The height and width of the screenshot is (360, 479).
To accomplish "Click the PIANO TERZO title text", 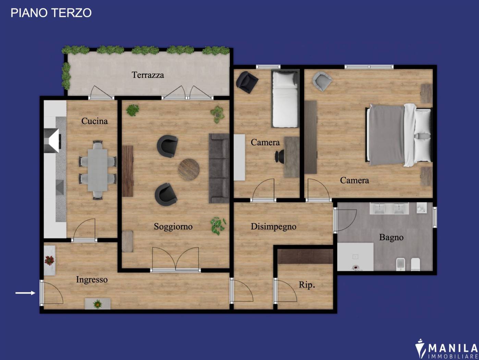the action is coord(51,13).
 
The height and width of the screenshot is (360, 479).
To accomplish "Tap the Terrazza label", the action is coord(148,75).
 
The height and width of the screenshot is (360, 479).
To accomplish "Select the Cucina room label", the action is coord(95,121).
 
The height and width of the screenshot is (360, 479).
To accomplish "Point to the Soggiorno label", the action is coord(173,227).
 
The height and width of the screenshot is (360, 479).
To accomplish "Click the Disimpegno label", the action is coord(273,227).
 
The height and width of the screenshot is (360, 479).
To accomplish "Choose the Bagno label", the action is coord(391,237).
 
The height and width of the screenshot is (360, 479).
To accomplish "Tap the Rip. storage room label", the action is coord(307,285).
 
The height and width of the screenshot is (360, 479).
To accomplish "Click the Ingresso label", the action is coord(91,280).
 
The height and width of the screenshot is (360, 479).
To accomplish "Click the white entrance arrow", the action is coord(25,293).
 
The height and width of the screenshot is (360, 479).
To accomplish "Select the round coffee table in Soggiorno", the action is coord(188,169).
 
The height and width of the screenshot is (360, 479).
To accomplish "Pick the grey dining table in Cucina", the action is coord(98,170).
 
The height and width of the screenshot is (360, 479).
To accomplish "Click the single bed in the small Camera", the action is coord(285,99).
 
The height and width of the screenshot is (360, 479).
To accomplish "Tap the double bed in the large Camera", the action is coord(399,135).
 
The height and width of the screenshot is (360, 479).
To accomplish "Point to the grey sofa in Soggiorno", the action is coord(219,168).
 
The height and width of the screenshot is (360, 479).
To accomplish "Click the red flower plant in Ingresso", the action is coord(49,261).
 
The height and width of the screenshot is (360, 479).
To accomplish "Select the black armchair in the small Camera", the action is coord(247,82).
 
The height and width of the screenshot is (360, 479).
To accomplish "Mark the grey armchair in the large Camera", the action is coord(322,81).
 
